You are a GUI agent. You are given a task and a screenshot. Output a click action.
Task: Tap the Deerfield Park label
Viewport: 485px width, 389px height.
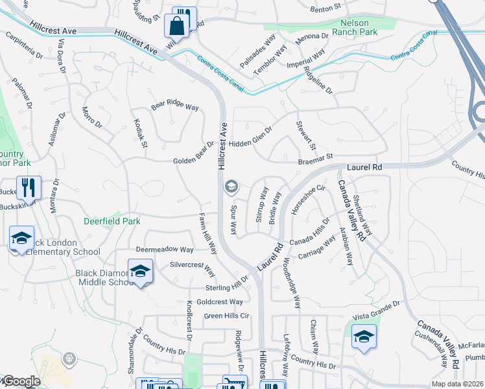112,221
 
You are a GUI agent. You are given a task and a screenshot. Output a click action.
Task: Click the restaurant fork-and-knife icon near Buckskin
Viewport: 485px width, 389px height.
29,188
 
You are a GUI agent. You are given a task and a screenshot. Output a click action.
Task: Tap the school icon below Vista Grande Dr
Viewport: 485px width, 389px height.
364,336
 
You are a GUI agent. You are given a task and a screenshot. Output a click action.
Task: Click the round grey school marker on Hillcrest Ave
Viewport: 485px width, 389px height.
230,187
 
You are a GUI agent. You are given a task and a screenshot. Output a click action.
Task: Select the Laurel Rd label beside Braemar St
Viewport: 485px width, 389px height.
364,167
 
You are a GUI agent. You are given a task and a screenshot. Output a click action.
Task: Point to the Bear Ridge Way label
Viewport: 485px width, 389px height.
175,106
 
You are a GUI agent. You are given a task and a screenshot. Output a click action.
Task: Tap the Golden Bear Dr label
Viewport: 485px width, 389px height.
193,160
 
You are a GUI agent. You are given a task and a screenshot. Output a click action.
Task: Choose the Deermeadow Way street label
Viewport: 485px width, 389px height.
165,250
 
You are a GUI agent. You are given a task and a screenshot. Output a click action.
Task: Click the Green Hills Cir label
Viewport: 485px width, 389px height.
227,316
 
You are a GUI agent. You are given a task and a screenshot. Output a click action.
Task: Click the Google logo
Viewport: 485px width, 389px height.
21,382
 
